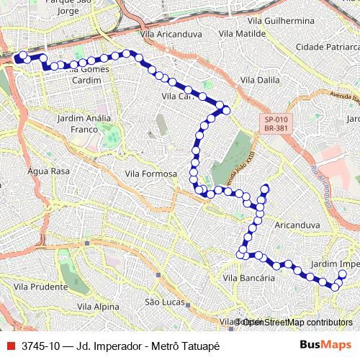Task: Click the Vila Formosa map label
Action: pyautogui.click(x=150, y=174)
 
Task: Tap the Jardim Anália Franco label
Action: pyautogui.click(x=84, y=123)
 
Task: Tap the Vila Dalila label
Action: pyautogui.click(x=260, y=80)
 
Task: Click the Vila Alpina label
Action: pyautogui.click(x=98, y=307)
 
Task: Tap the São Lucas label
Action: pyautogui.click(x=162, y=302)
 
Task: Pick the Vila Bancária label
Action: pyautogui.click(x=248, y=278)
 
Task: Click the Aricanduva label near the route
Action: pyautogui.click(x=297, y=225)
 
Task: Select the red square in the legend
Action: pyautogui.click(x=10, y=346)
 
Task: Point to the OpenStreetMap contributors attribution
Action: pyautogui.click(x=299, y=322)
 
